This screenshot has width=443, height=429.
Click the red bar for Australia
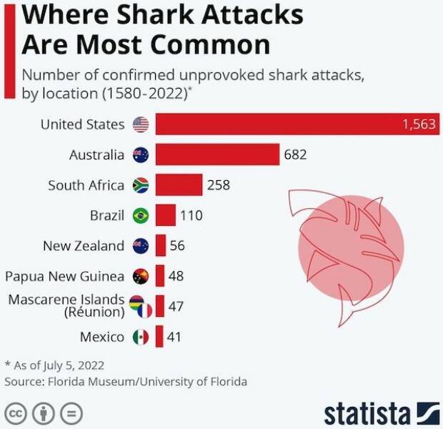pyautogui.click(x=217, y=154)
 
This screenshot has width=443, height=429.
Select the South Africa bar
pyautogui.click(x=179, y=185)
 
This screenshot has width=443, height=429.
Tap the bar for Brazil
pyautogui.click(x=165, y=215)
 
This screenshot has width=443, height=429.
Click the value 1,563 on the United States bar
pyautogui.click(x=419, y=124)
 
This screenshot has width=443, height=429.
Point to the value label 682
pyautogui.click(x=295, y=154)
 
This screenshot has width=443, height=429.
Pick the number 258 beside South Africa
pyautogui.click(x=219, y=185)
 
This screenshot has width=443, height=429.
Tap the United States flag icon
pyautogui.click(x=141, y=124)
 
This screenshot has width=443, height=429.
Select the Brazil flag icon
pyautogui.click(x=141, y=215)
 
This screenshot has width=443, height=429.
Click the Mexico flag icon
pyautogui.click(x=141, y=337)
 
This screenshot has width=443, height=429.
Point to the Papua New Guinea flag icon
pyautogui.click(x=141, y=276)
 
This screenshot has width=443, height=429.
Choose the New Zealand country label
pyautogui.click(x=84, y=246)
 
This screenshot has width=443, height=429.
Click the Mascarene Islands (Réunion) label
pyautogui.click(x=66, y=305)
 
